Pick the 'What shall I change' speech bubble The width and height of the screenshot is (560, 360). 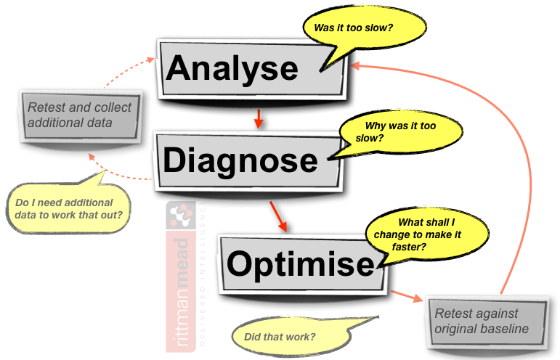click(418, 234)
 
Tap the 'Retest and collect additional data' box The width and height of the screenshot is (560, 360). click(79, 115)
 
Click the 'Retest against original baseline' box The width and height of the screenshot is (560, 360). click(485, 321)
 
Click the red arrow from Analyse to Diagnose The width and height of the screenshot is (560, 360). click(258, 118)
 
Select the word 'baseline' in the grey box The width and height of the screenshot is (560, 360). click(502, 329)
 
